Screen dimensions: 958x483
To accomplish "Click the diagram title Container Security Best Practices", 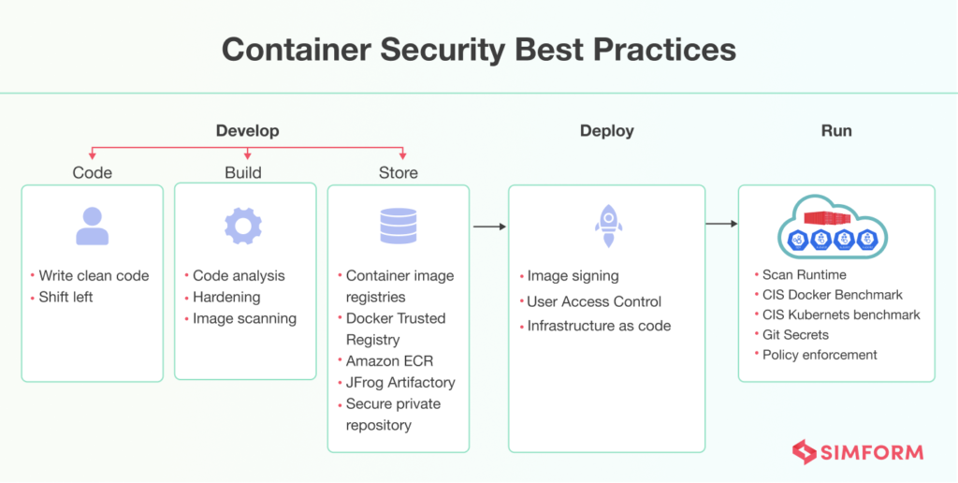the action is click(x=478, y=50).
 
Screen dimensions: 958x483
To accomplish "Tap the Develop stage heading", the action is click(x=247, y=131).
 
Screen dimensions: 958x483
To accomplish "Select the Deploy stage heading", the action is click(x=606, y=131).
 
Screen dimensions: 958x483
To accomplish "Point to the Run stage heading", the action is click(x=836, y=131).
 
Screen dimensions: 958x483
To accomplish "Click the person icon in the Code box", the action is click(x=93, y=226).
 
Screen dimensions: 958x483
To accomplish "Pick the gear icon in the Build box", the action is click(x=243, y=226).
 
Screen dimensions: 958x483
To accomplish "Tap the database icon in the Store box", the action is click(x=399, y=226).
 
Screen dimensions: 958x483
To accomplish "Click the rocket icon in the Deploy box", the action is click(x=608, y=226).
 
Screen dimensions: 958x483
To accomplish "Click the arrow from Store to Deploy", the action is click(x=489, y=227).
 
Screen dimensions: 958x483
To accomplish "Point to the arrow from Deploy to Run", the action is click(x=721, y=224).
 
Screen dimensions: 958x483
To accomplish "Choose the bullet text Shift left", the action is click(x=65, y=297).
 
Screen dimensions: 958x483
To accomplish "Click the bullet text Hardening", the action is click(x=226, y=297).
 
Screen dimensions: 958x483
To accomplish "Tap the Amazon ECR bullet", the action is click(x=390, y=360).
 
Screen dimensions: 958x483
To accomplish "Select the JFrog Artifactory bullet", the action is click(x=400, y=383).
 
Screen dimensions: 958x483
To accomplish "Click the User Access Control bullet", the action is click(x=594, y=301).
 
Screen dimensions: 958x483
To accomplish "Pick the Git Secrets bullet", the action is click(x=795, y=334).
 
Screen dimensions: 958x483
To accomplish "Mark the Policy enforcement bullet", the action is click(x=820, y=355).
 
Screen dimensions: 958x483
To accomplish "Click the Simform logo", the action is click(x=858, y=452).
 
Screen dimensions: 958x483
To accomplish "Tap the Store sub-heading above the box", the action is click(x=399, y=173).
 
